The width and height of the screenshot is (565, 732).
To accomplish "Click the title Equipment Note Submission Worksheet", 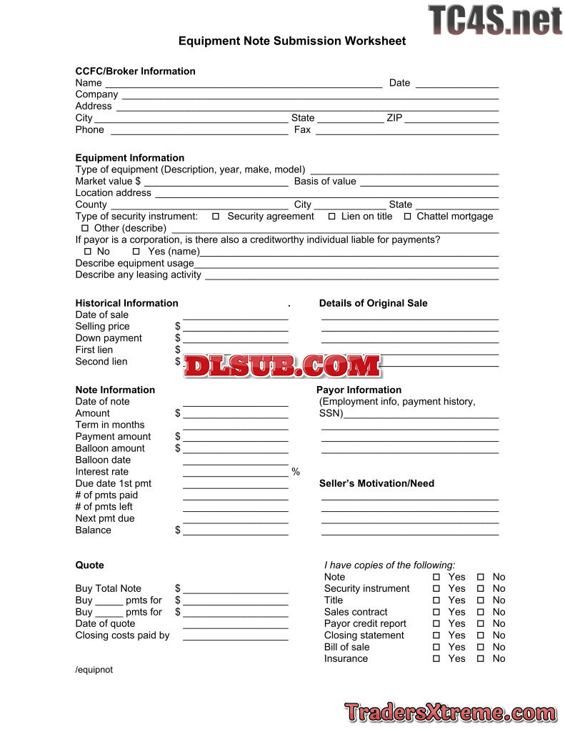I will pos(292,41).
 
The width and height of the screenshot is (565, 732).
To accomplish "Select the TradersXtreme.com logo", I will pos(451,712).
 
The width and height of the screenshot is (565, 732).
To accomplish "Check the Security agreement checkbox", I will pos(216,217).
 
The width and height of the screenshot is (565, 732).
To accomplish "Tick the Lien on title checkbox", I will pos(331,217).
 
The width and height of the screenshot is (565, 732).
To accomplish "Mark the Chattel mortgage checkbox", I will pos(408,217).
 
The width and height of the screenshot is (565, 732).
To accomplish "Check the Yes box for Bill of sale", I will pos(436,647).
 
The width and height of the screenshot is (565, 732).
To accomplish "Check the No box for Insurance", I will pos(481,659).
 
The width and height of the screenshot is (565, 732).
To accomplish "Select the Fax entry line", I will pos(406,132).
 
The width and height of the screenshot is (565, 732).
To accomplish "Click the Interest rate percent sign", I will pos(296,473).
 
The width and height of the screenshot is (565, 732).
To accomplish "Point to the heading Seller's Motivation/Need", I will pos(376,484).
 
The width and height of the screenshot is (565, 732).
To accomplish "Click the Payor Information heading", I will pos(359,390).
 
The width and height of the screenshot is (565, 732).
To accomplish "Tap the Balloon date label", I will pos(103,460).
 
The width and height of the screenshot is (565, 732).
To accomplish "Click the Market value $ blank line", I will pos(216,184).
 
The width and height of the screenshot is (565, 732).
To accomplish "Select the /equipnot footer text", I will pos(94,671).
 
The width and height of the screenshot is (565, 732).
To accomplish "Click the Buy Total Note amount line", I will pos(235,591).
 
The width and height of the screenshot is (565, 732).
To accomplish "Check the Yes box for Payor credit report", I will pos(436,624).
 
